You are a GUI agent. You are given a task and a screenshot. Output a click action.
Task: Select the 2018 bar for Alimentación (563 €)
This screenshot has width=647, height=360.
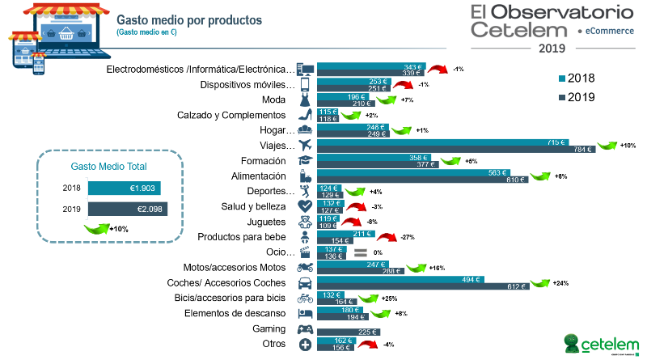point(412,172)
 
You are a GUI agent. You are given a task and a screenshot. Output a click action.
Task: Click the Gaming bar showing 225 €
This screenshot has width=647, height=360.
point(348,331)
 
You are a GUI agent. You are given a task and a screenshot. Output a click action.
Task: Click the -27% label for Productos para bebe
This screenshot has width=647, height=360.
point(408,237)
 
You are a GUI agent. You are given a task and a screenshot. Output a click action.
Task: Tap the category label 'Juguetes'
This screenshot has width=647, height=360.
point(268,221)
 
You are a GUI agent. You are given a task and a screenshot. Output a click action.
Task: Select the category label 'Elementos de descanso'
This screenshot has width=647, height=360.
point(235,313)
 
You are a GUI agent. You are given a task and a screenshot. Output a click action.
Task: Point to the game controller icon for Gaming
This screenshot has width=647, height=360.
point(306,330)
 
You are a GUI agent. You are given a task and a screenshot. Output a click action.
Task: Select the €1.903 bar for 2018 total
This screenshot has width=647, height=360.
point(125,188)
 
